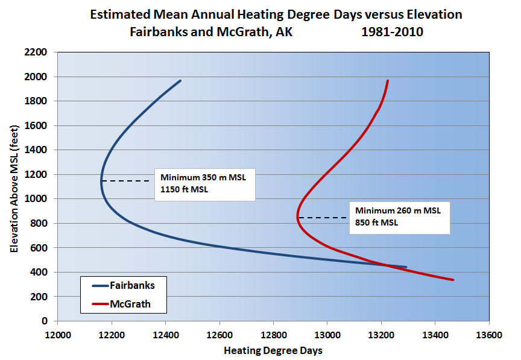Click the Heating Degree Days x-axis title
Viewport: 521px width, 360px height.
(x=273, y=350)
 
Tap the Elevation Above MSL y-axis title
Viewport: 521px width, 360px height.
(x=14, y=187)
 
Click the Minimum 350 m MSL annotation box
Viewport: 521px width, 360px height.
(x=205, y=184)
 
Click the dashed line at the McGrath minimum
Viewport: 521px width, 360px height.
(x=321, y=218)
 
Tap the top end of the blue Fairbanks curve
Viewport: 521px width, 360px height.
(x=180, y=81)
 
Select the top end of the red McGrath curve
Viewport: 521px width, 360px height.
(x=388, y=81)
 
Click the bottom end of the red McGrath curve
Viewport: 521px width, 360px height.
(x=452, y=280)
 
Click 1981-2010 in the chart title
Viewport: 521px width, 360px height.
(x=392, y=32)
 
